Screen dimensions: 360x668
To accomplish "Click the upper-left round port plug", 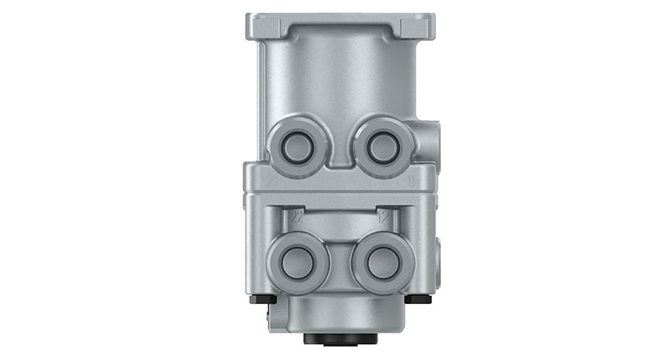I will coord(296,147).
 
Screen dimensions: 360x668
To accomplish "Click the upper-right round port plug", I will coord(382,147).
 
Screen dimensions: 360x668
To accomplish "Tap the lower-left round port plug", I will coord(297,262).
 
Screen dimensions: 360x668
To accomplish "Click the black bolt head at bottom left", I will coord(261,298).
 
